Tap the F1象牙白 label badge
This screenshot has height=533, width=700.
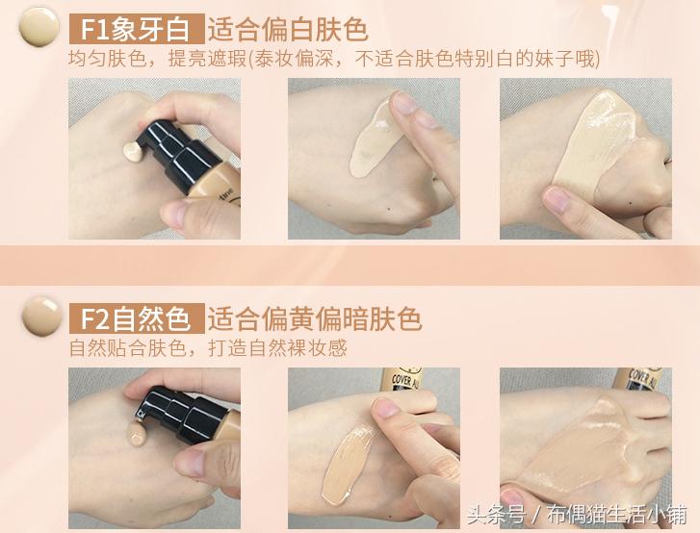point(136,27)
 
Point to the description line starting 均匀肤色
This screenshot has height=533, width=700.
point(333,59)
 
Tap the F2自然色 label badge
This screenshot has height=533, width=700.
point(136,317)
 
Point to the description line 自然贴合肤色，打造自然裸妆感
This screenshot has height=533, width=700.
point(208,348)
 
